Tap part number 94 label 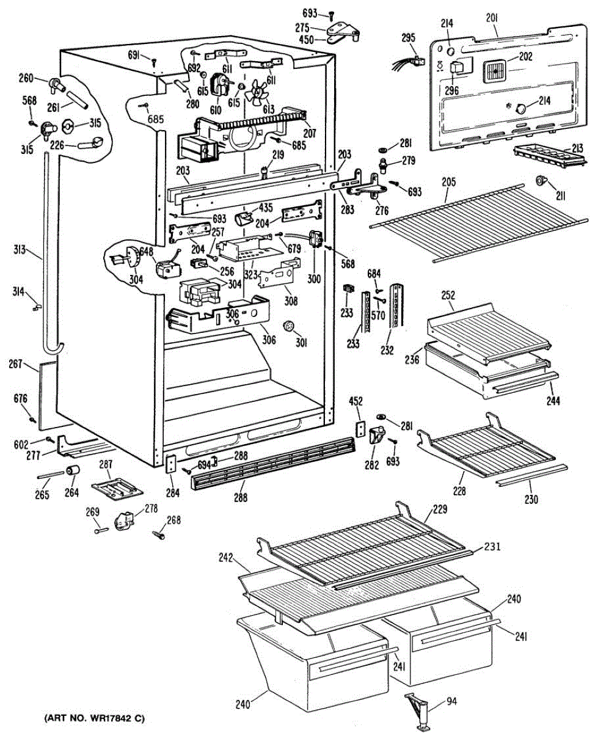point(451,701)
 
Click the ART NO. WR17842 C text point(94,717)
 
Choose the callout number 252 point(448,294)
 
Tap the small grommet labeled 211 point(541,181)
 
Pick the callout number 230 point(531,499)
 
